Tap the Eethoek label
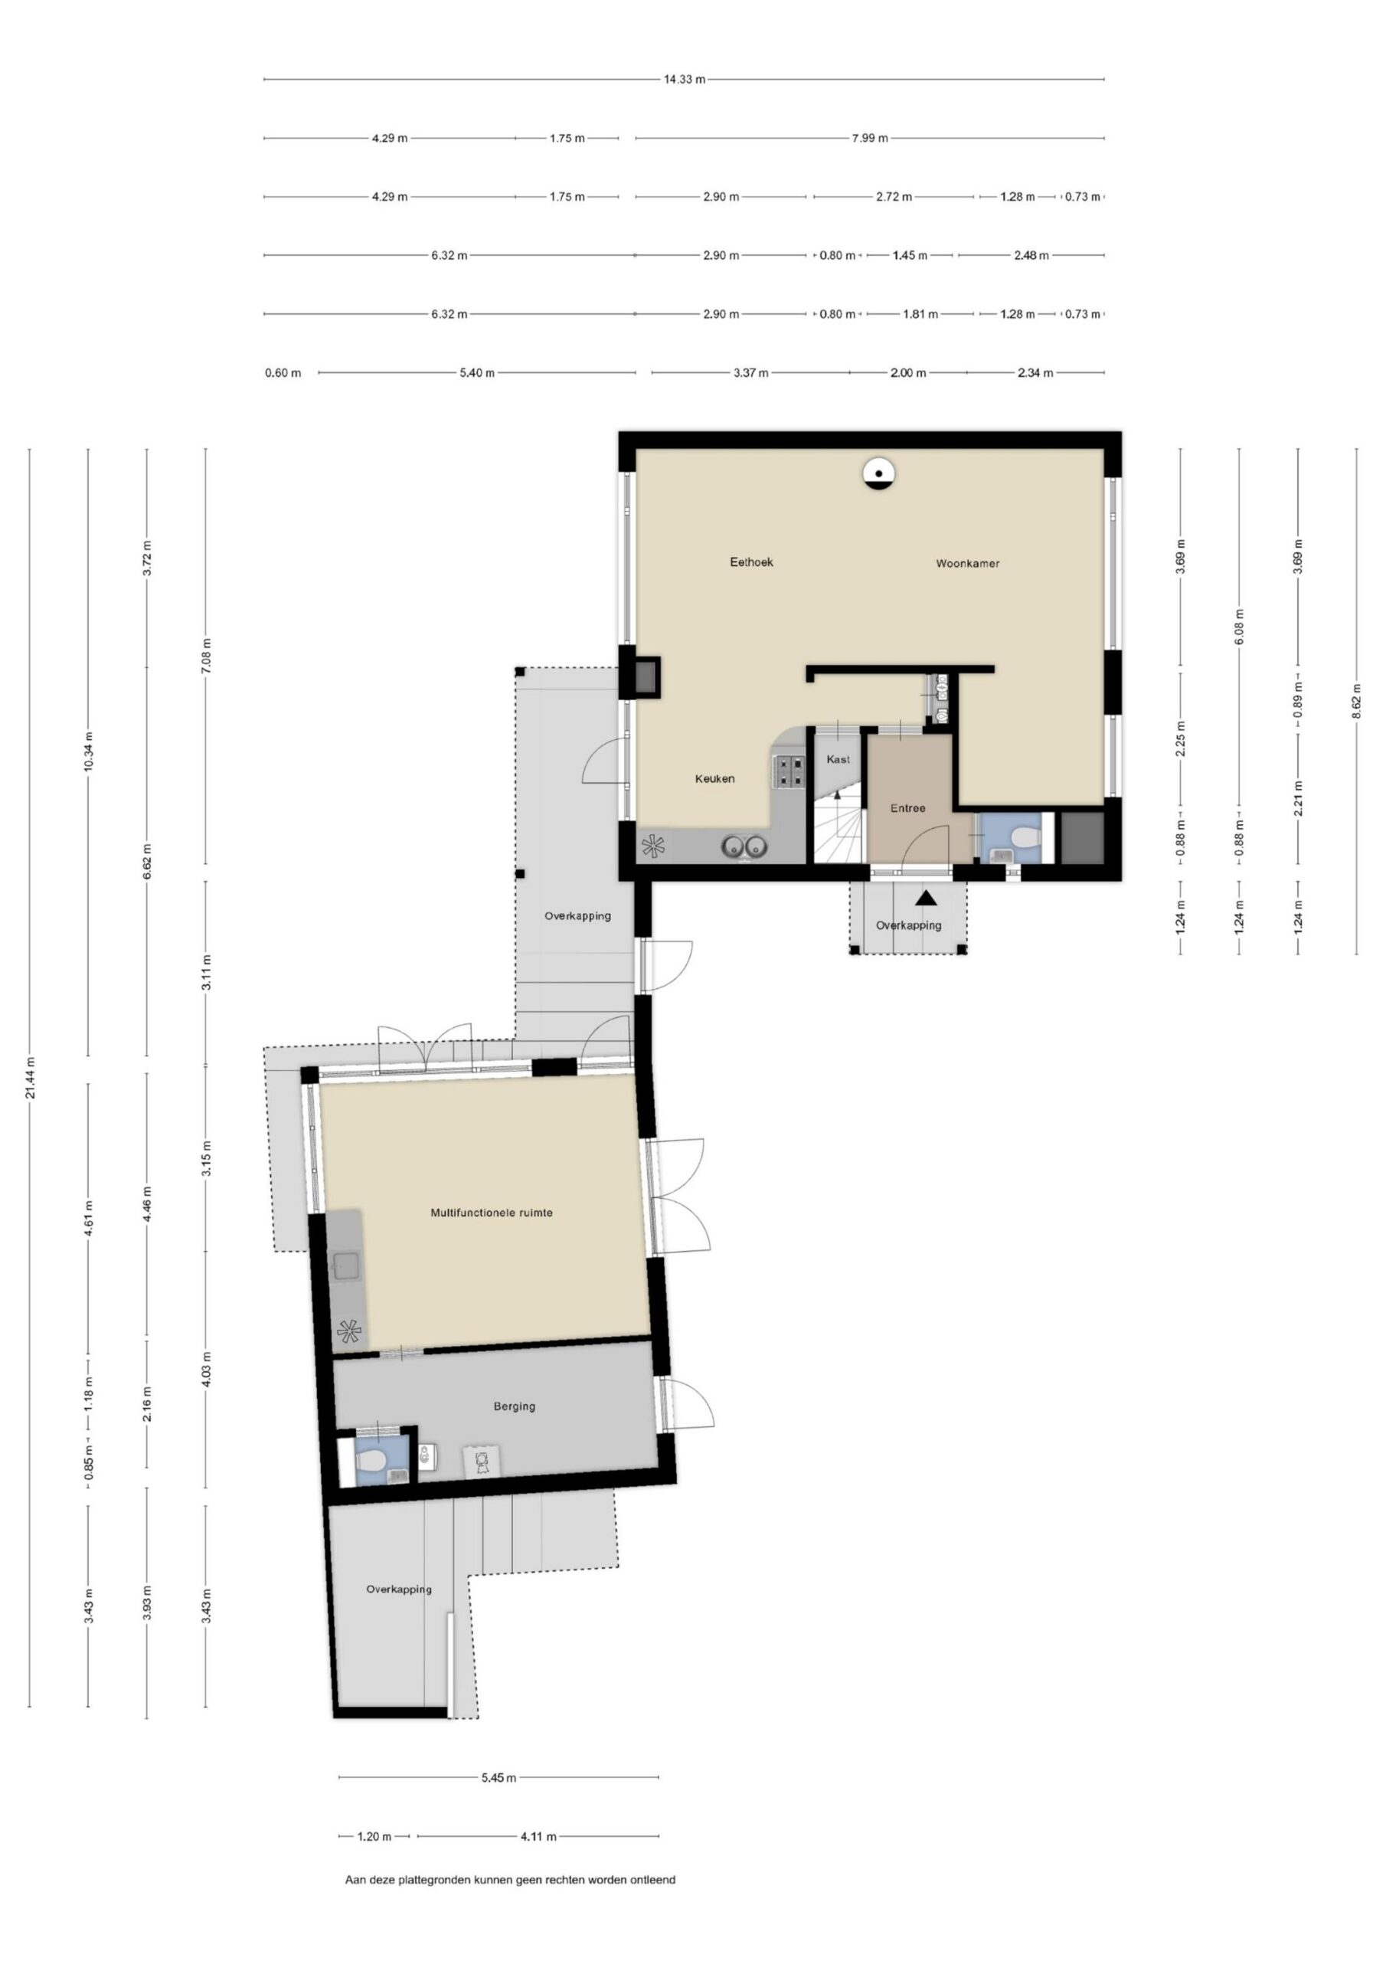point(751,562)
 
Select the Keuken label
point(714,778)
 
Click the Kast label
point(838,759)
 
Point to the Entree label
point(907,808)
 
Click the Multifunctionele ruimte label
point(491,1212)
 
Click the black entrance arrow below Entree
point(927,898)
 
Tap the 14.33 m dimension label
point(685,80)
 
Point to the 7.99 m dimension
point(869,138)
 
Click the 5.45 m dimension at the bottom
point(498,1777)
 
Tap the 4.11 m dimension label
point(538,1835)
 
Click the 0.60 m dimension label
point(283,372)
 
